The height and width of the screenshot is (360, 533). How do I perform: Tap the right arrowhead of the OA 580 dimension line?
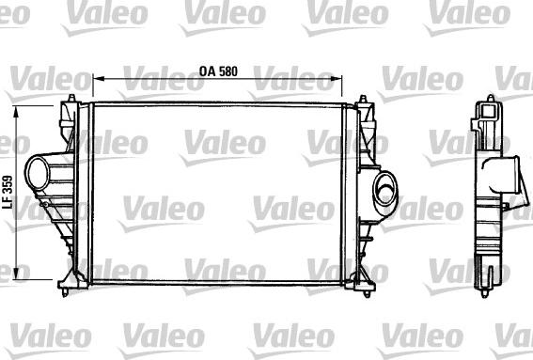tap(361, 80)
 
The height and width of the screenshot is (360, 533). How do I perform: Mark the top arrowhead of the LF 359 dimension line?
tap(22, 111)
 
